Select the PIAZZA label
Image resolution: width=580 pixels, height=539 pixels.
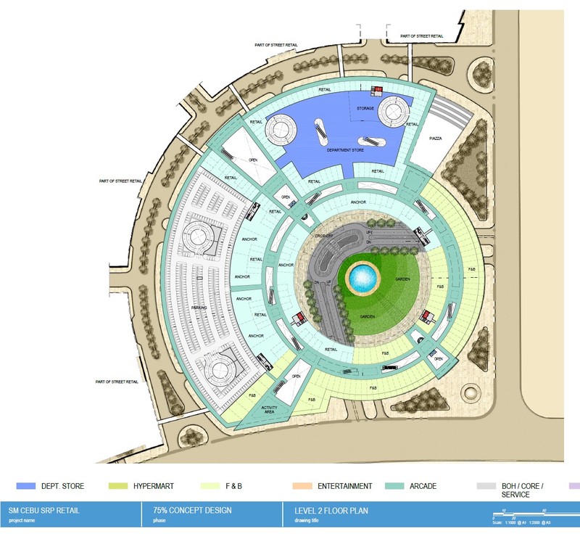tap(436, 138)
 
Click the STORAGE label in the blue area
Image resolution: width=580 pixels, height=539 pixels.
tap(365, 109)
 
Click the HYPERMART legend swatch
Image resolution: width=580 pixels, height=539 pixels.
tap(117, 485)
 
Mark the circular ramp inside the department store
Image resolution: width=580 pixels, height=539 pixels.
tap(280, 131)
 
